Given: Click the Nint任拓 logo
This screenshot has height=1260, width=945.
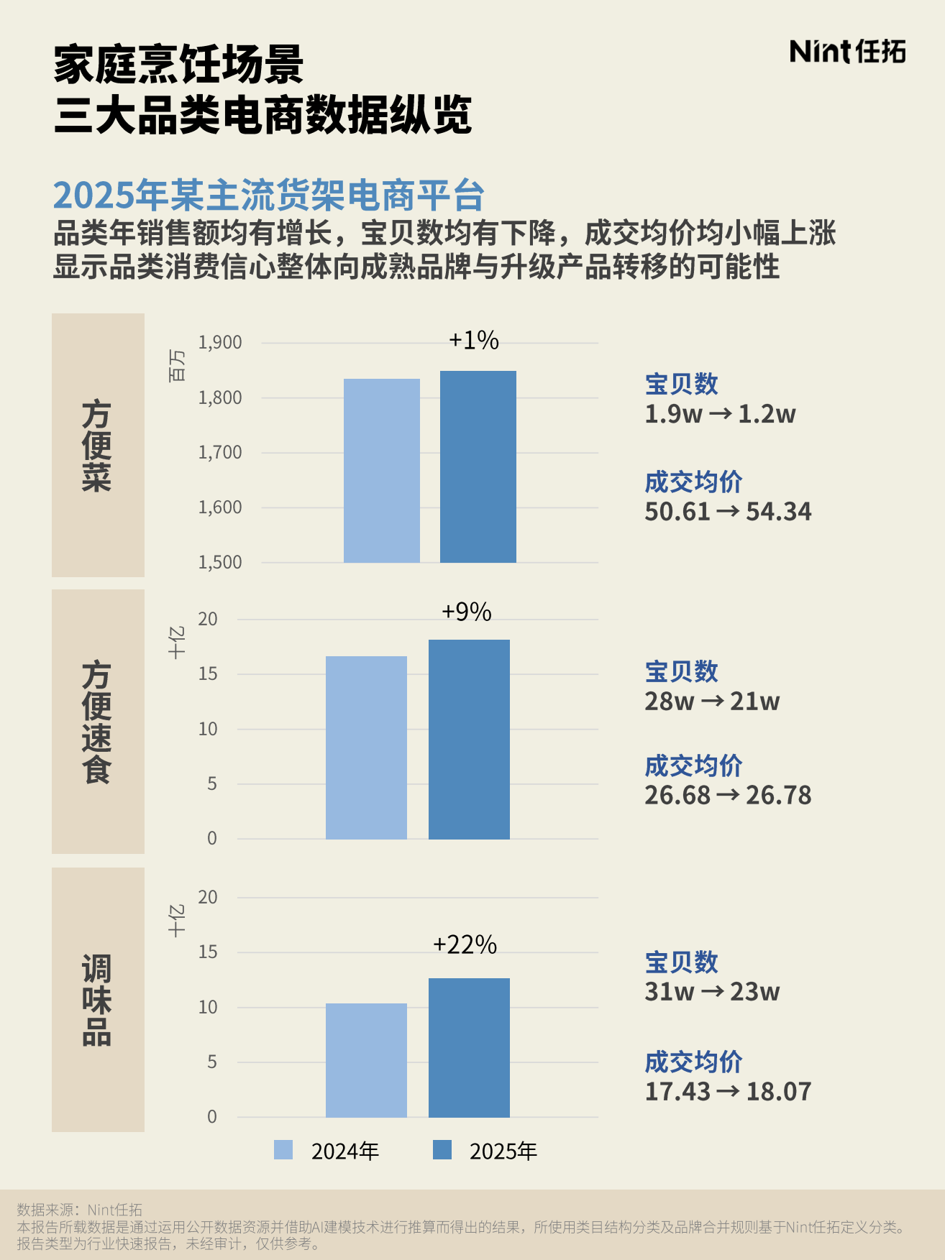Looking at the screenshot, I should coord(847,52).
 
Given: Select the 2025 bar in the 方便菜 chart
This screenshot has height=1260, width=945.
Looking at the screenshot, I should coord(478,466).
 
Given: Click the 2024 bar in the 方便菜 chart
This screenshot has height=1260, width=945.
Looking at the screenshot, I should coord(381,471).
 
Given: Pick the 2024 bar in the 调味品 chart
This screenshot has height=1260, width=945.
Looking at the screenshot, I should coord(366,1060).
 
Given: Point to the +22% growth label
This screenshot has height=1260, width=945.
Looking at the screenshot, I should coord(465,944).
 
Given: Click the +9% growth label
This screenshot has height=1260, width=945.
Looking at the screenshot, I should coord(466,612).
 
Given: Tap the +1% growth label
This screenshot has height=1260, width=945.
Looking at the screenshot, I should coord(473,340).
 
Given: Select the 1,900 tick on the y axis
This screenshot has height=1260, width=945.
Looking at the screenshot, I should coord(220,343).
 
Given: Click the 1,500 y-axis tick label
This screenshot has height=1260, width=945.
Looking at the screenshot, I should coord(220,562).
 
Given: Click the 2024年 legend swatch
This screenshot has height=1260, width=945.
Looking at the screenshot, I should coord(283,1150).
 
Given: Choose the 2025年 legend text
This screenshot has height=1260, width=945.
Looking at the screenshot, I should coord(503,1151).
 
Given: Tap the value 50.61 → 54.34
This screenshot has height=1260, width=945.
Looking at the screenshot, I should coord(727,512).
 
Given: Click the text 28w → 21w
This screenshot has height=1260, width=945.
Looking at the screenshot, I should coord(711,701).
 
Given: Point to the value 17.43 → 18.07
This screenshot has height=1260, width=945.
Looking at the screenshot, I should coord(727,1091).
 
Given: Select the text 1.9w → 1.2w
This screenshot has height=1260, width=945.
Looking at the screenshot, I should coord(719,414).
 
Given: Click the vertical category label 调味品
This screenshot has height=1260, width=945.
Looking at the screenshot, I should coord(97,1000).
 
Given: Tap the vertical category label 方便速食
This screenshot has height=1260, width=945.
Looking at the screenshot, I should coord(97,722).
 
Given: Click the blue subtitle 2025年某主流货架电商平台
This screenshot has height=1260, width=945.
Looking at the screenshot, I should coord(269,195).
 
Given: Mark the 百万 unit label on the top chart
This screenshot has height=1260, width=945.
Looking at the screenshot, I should coord(177,365).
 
